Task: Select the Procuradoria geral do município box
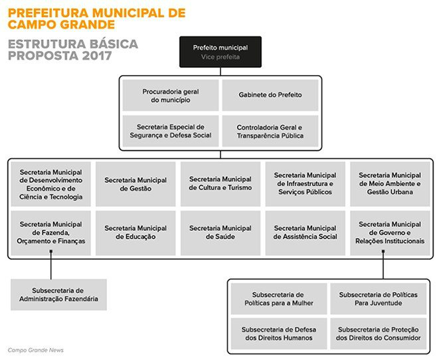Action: point(170,95)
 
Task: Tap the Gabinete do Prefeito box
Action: point(270,95)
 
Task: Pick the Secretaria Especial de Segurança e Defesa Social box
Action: point(170,131)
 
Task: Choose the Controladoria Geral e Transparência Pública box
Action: point(270,131)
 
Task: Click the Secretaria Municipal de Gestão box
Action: point(135,184)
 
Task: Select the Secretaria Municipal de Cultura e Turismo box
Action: point(220,184)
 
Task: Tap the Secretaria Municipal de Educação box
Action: point(135,232)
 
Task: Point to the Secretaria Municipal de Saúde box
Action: point(220,232)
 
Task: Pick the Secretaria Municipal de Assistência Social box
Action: point(305,232)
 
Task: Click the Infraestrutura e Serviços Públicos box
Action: point(305,184)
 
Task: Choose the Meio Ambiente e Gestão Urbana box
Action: point(390,184)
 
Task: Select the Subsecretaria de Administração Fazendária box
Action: point(58,294)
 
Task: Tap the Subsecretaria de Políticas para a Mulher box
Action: point(278,298)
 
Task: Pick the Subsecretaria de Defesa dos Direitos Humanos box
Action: point(278,333)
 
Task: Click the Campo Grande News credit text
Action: point(36,350)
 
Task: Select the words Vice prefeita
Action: point(220,57)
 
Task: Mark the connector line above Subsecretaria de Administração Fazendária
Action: point(51,268)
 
